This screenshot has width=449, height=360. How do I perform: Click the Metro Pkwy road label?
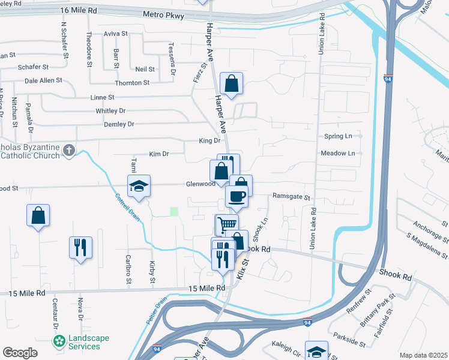pyautogui.click(x=163, y=14)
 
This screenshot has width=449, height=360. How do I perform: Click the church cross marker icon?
pyautogui.click(x=69, y=149)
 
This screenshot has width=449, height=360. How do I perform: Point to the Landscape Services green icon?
pyautogui.click(x=59, y=342)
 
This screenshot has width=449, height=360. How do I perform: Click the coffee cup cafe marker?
pyautogui.click(x=237, y=196)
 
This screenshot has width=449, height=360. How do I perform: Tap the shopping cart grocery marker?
pyautogui.click(x=227, y=224)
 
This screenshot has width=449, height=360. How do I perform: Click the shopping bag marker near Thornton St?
pyautogui.click(x=231, y=83)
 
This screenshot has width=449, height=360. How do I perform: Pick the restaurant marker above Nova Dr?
pyautogui.click(x=80, y=247)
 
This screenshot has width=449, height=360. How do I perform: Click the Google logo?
pyautogui.click(x=20, y=353)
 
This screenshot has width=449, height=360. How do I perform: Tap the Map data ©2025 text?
pyautogui.click(x=423, y=355)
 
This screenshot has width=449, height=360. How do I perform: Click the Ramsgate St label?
pyautogui.click(x=291, y=196)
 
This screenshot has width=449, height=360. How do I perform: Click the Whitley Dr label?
pyautogui.click(x=110, y=111)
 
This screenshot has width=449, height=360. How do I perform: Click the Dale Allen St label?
pyautogui.click(x=44, y=80)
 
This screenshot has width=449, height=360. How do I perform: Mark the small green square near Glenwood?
pyautogui.click(x=174, y=211)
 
